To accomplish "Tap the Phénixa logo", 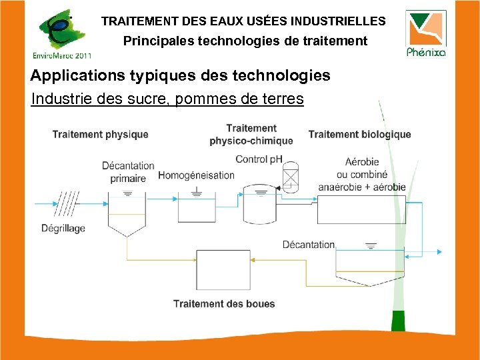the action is tap(426, 33).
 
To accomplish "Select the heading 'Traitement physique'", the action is tap(101, 135).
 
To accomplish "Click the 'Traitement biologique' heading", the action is tap(359, 135).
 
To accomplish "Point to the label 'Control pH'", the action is tap(259, 159).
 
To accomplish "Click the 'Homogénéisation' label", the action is tap(196, 175).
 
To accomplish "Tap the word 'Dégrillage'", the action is tap(63, 229).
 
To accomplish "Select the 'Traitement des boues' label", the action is tap(224, 304).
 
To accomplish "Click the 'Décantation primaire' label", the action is tap(128, 172).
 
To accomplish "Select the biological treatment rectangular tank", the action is tap(361, 209).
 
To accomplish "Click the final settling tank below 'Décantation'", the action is tap(369, 267).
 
